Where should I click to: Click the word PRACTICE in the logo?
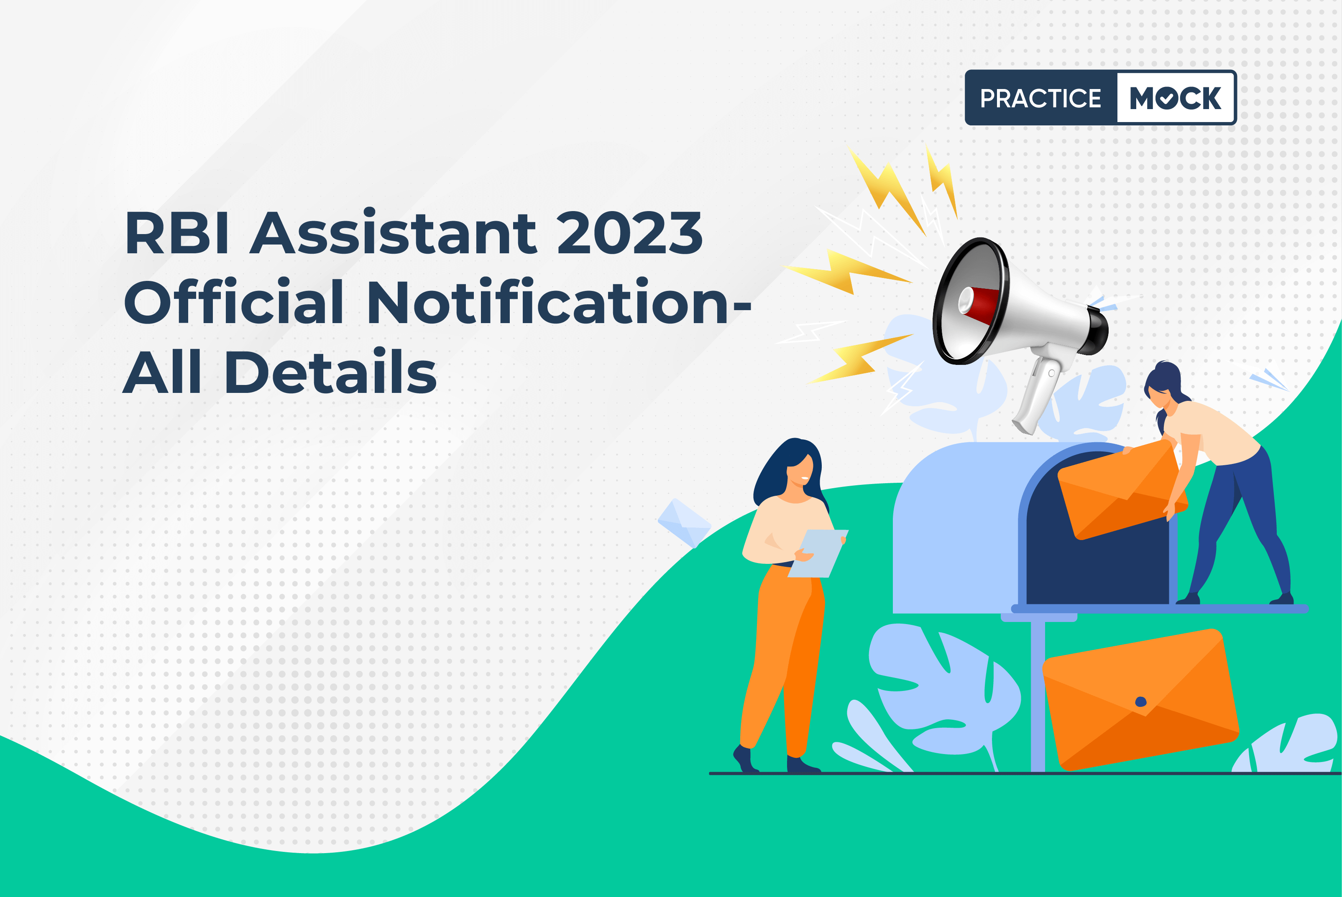pos(1040,98)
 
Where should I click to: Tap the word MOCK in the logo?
pos(1176,98)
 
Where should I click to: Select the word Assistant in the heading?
pos(393,231)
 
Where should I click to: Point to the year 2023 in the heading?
pos(629,232)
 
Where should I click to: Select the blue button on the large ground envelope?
pos(1140,702)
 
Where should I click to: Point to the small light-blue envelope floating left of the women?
pos(685,523)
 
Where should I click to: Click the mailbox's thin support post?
pos(1038,696)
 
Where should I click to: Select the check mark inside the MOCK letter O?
pos(1166,98)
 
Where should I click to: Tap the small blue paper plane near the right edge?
pos(1268,379)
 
